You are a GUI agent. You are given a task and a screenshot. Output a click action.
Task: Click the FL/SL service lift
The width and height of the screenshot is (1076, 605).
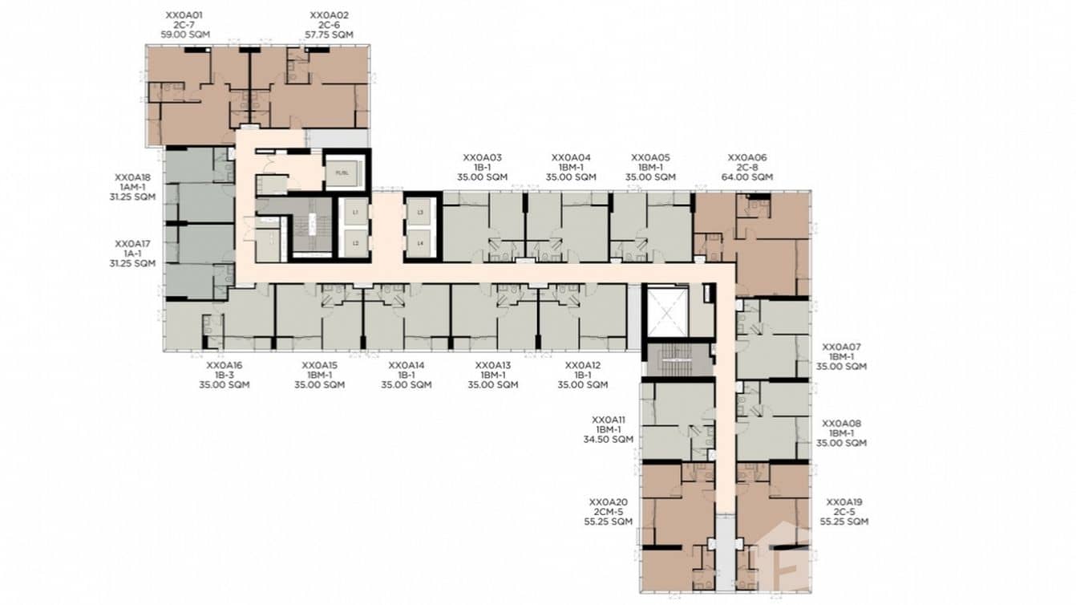[x=344, y=173]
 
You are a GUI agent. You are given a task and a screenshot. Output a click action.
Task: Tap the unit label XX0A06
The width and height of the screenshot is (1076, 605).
[x=747, y=158]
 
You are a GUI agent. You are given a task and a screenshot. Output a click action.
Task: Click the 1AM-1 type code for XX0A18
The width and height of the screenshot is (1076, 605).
[x=132, y=187]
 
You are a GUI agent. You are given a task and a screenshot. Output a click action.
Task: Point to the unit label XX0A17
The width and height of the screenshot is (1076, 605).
[x=132, y=243]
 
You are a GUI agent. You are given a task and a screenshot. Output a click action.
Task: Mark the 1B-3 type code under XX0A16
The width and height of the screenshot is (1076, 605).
[x=225, y=375]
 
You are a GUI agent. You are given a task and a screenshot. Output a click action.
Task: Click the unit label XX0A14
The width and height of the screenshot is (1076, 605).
[x=407, y=365]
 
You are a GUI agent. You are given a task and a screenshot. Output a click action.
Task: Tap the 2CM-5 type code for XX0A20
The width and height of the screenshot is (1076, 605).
[x=608, y=512]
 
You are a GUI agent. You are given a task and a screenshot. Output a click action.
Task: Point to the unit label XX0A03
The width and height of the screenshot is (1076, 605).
[x=483, y=158]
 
